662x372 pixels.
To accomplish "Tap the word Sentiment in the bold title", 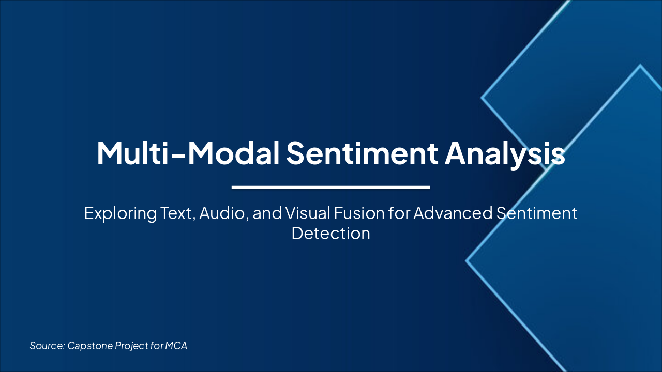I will [362, 152].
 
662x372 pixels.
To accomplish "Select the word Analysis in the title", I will [505, 152].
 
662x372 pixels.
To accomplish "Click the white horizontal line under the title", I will [331, 187].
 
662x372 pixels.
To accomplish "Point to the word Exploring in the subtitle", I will [120, 213].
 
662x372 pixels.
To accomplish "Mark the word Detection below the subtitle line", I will [331, 234].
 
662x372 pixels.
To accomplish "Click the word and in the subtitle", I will [268, 213].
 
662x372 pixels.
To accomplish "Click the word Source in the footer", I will [47, 346].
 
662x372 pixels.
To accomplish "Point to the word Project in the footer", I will [130, 346].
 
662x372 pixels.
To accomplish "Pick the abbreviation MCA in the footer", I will [176, 346].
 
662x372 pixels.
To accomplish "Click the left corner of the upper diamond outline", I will [482, 97].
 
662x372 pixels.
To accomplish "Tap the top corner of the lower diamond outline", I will [640, 66].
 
